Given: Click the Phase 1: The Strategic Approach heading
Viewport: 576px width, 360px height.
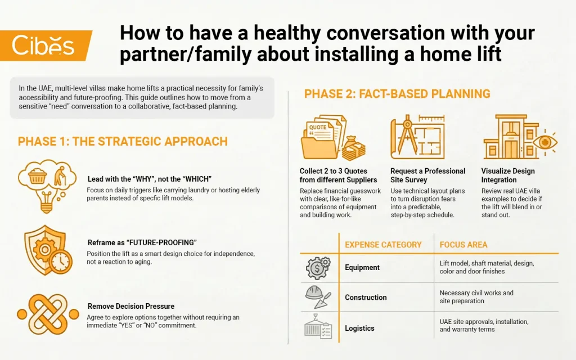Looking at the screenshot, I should (123, 141).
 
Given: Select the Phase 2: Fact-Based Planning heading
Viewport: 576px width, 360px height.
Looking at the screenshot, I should (397, 93).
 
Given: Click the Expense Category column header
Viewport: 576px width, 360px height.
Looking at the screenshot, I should (382, 245).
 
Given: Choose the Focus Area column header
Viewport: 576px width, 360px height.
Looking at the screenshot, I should (463, 245).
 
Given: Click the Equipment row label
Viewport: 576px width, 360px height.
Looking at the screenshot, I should (362, 268).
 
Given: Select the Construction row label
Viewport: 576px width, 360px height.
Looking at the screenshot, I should (366, 298).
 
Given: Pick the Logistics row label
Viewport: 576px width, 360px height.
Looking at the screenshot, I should (359, 328).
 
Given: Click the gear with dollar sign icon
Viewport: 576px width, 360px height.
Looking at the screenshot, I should (318, 268).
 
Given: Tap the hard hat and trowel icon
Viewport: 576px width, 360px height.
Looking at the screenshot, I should (318, 298).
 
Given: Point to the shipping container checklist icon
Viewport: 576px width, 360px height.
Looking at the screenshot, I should (318, 328).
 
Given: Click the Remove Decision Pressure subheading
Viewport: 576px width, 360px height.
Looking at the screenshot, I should (131, 307).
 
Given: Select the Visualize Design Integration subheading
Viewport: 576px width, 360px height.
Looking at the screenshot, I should (507, 175).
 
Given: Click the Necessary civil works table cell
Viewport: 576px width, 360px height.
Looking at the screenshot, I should (476, 297).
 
